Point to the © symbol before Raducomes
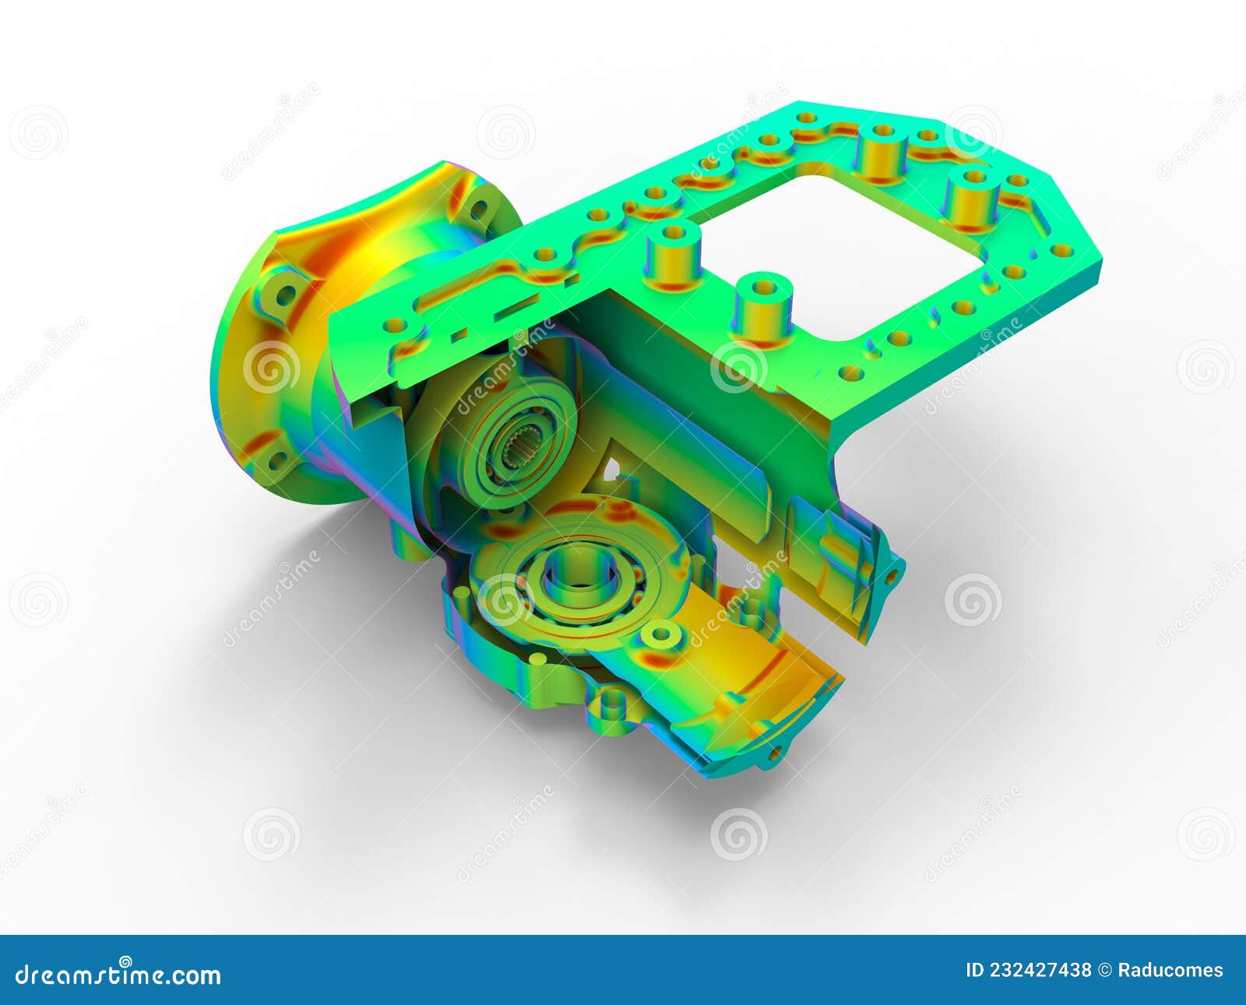[x=1104, y=971]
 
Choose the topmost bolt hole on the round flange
[x=480, y=209]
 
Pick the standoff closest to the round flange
[x=673, y=253]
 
